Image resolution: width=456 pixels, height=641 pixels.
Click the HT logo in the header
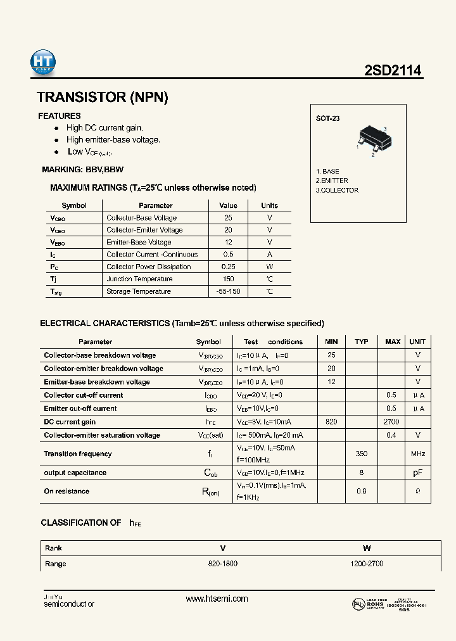tap(43, 63)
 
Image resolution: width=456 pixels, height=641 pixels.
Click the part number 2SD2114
tap(393, 72)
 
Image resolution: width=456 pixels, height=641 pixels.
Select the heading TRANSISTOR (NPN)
tap(103, 98)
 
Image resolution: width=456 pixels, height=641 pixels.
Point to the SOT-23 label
tap(327, 118)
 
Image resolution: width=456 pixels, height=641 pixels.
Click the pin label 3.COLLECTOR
tap(337, 190)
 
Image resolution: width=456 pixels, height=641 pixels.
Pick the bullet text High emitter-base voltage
tap(113, 140)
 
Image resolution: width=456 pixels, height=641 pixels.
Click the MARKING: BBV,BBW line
tap(82, 170)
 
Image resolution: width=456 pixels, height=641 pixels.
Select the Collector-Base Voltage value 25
tap(228, 218)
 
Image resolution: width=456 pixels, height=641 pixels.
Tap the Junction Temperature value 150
tap(228, 279)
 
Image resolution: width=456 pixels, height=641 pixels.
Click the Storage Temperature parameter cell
tap(139, 291)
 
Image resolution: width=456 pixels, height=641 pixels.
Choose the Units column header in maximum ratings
tap(269, 205)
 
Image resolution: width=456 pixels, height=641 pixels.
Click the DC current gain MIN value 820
tap(331, 422)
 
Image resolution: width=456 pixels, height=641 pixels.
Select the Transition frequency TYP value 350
tap(362, 454)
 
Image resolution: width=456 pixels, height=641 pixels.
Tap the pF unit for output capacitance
tap(417, 473)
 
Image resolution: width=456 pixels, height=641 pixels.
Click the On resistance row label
tap(66, 492)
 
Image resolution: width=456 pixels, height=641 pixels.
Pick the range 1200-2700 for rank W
tap(367, 564)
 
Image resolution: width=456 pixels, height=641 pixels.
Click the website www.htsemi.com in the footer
tap(217, 599)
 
